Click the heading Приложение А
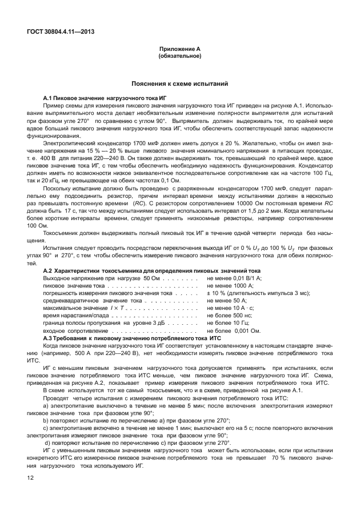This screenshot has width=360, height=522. (180, 50)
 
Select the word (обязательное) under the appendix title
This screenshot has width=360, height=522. (180, 57)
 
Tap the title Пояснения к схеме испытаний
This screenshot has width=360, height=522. (180, 83)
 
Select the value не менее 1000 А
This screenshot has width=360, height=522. (230, 285)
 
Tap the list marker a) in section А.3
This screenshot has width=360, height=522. (45, 405)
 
